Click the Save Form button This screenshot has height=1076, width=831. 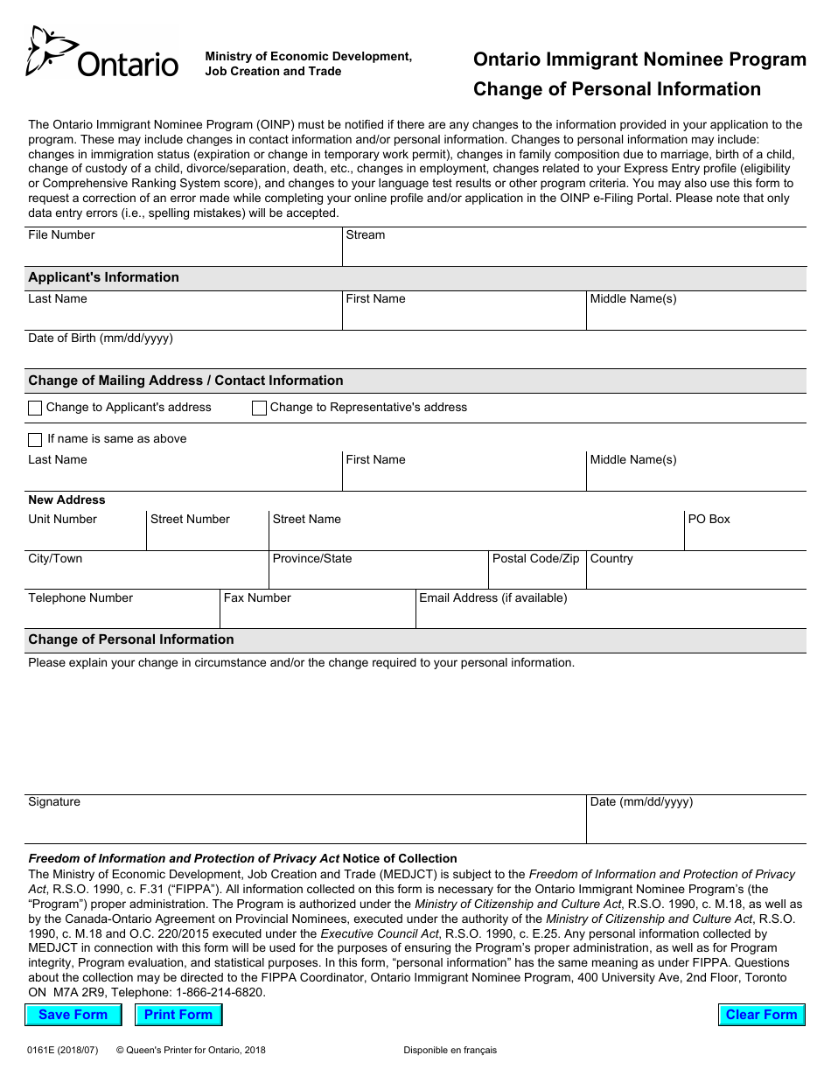(x=73, y=1015)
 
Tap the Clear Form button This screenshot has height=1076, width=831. (x=761, y=1015)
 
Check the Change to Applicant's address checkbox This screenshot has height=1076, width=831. (x=35, y=408)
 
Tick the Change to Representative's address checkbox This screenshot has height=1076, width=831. (x=259, y=408)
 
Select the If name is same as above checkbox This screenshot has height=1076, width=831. (x=35, y=439)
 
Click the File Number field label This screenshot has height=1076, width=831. (x=61, y=235)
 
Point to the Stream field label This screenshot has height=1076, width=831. (x=365, y=235)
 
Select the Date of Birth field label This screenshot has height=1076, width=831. (x=101, y=339)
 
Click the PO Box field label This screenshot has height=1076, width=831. (x=709, y=520)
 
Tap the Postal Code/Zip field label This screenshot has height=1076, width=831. (x=535, y=559)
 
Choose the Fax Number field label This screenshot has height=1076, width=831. (x=257, y=598)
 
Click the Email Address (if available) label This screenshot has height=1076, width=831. (x=492, y=598)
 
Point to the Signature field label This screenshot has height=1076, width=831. (x=54, y=802)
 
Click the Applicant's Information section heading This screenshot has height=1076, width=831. (x=103, y=277)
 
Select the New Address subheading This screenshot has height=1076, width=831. (x=66, y=500)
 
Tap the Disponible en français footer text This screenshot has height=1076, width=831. (x=450, y=1050)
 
